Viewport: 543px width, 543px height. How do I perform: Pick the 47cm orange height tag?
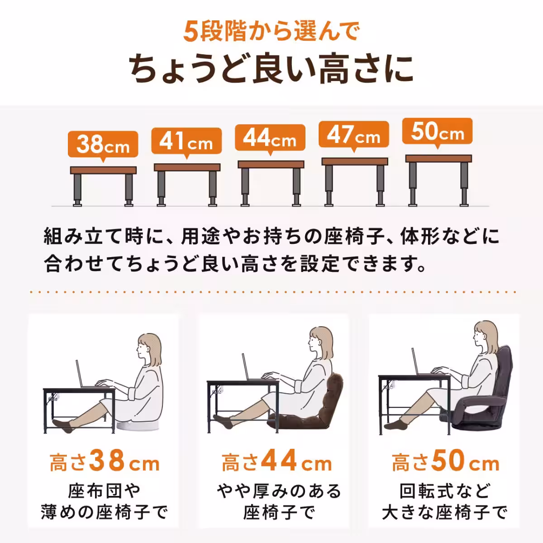click(x=354, y=135)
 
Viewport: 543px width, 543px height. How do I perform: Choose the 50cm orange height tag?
click(x=437, y=132)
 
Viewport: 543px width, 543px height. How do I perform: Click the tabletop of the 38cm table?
click(x=103, y=170)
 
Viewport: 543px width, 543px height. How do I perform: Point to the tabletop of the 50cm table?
click(x=438, y=158)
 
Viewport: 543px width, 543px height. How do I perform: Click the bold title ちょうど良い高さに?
click(x=271, y=69)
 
